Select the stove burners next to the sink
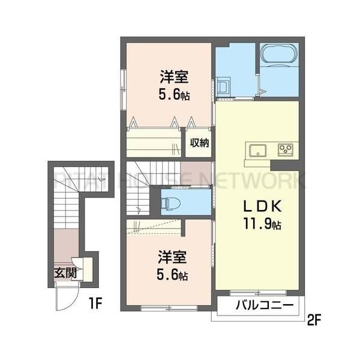pyautogui.click(x=284, y=149)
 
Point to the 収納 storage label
pyautogui.click(x=200, y=143)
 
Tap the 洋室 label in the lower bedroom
pyautogui.click(x=172, y=259)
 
